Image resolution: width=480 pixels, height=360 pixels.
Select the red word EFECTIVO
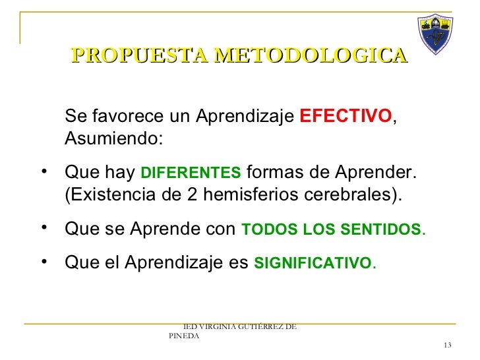345,117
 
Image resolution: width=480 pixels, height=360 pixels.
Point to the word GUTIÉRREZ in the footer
268,326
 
